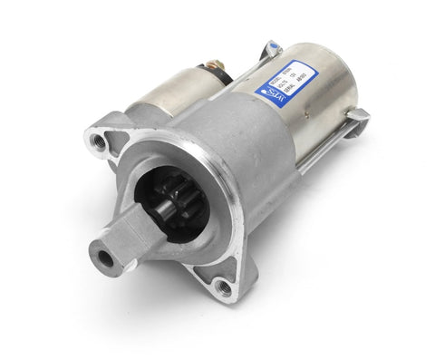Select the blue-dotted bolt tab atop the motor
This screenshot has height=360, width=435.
(x=271, y=47)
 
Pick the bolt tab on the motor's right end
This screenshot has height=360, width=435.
(x=355, y=117)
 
